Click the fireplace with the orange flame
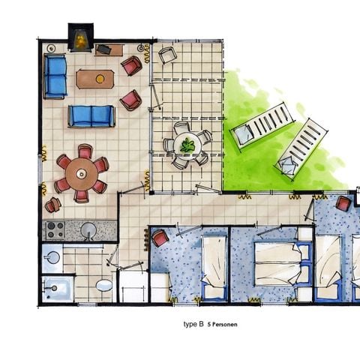tap(79, 37)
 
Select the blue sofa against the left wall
tap(55, 76)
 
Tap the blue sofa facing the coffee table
tap(91, 115)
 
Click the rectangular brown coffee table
tap(95, 78)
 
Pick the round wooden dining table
tap(81, 174)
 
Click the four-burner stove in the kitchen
tap(55, 229)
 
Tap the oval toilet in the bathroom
tap(103, 286)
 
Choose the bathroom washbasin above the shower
tap(52, 257)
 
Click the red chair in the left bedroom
tap(160, 238)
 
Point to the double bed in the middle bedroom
tap(281, 262)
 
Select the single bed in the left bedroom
tap(213, 266)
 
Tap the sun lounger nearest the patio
tap(262, 124)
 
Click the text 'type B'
tap(194, 324)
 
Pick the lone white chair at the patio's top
tap(166, 55)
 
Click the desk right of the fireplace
tap(109, 50)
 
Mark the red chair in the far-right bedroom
tap(343, 202)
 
